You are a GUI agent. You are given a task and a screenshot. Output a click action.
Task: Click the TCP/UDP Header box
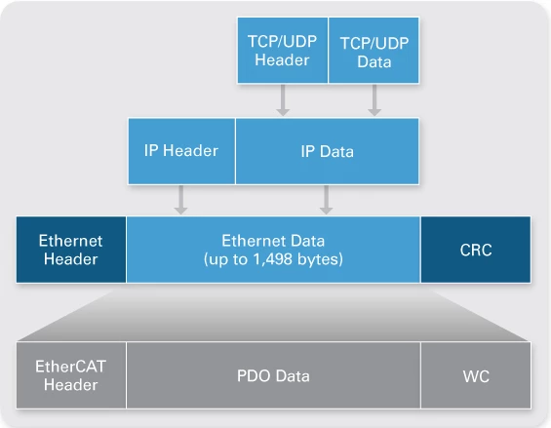[283, 51]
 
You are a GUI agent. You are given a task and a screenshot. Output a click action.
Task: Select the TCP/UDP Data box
[374, 51]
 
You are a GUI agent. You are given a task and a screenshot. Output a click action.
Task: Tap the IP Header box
[181, 151]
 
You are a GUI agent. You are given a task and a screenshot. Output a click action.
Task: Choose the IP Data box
[327, 151]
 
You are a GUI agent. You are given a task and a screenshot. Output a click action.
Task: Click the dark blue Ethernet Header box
[71, 250]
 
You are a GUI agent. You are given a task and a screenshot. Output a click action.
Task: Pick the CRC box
[476, 250]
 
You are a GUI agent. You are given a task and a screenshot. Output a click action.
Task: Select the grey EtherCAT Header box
[71, 375]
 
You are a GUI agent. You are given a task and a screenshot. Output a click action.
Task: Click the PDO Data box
[273, 375]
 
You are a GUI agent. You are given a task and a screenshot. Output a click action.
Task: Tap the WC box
[476, 375]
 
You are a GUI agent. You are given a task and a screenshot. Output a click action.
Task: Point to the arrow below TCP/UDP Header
[283, 100]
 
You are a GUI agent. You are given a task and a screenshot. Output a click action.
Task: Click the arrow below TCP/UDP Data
[374, 100]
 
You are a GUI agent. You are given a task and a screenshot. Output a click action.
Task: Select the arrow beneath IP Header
[180, 200]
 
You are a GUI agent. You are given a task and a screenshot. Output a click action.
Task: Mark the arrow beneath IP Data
[326, 200]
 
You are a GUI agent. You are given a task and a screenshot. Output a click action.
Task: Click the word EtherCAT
[70, 367]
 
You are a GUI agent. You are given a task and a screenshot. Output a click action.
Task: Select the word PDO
[254, 375]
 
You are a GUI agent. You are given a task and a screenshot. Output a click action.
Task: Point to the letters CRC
[476, 250]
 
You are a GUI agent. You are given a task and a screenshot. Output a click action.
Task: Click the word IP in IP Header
[151, 151]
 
